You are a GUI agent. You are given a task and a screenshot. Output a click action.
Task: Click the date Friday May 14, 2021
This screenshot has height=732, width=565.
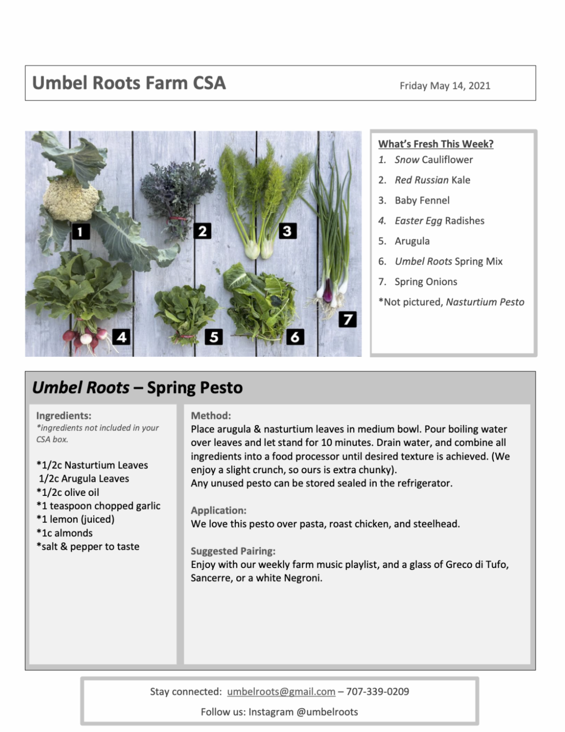tap(445, 86)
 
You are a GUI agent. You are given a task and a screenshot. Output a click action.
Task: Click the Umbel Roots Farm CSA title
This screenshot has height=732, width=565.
tap(129, 83)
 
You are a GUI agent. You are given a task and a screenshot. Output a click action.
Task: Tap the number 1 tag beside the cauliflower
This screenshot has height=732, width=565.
tap(81, 231)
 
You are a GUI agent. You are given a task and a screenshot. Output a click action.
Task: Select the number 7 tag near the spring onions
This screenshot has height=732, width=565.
tap(347, 319)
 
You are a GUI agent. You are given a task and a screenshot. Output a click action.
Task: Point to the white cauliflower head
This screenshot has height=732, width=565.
tap(71, 198)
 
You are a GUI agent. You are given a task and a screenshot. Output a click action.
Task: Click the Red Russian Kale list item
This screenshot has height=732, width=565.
tap(432, 180)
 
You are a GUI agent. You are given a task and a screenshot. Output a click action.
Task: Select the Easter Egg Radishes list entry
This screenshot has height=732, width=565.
tap(439, 221)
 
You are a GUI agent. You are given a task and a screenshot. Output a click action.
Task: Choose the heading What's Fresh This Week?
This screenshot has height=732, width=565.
tap(436, 144)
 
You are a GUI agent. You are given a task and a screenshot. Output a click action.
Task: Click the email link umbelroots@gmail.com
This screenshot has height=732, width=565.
tap(281, 691)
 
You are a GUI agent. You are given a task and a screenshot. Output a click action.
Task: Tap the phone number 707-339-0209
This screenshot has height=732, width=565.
tap(378, 691)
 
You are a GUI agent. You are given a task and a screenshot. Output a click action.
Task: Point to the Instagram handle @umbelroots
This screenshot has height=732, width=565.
tap(327, 712)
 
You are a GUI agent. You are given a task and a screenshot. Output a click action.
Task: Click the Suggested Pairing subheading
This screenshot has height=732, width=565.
tap(233, 551)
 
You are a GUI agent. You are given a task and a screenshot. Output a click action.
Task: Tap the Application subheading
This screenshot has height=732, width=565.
tap(218, 510)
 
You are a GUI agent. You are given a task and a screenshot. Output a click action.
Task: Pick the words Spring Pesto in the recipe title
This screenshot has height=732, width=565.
tap(195, 387)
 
